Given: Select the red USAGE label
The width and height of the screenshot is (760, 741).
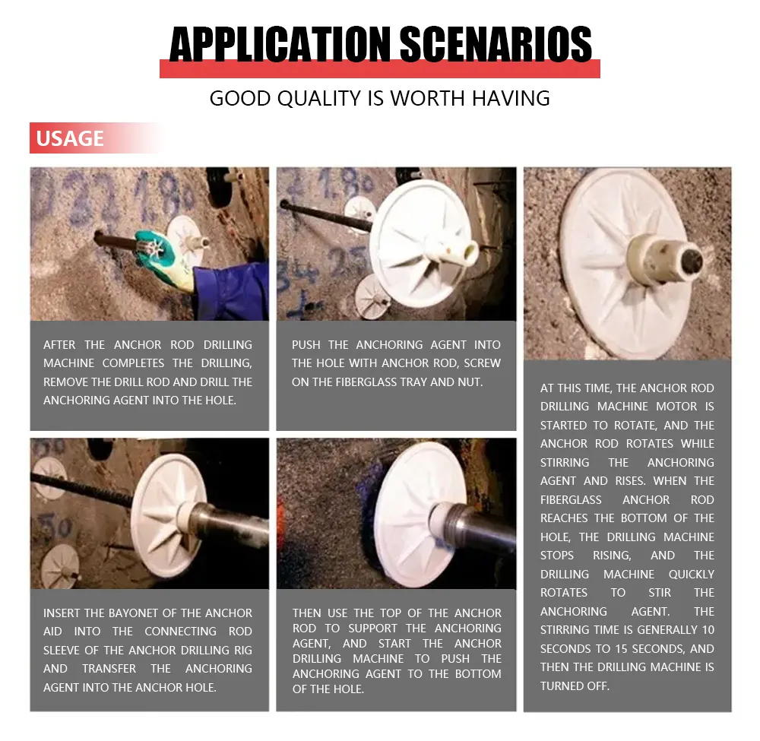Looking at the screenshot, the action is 70,138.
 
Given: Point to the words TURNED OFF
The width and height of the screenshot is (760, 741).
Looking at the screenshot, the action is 575,686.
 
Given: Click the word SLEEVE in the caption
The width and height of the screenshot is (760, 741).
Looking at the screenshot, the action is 61,651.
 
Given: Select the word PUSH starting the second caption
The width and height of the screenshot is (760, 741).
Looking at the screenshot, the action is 306,345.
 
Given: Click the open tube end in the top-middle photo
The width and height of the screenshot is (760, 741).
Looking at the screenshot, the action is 470,251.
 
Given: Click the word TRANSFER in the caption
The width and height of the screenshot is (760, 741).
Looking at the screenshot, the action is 109,669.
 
